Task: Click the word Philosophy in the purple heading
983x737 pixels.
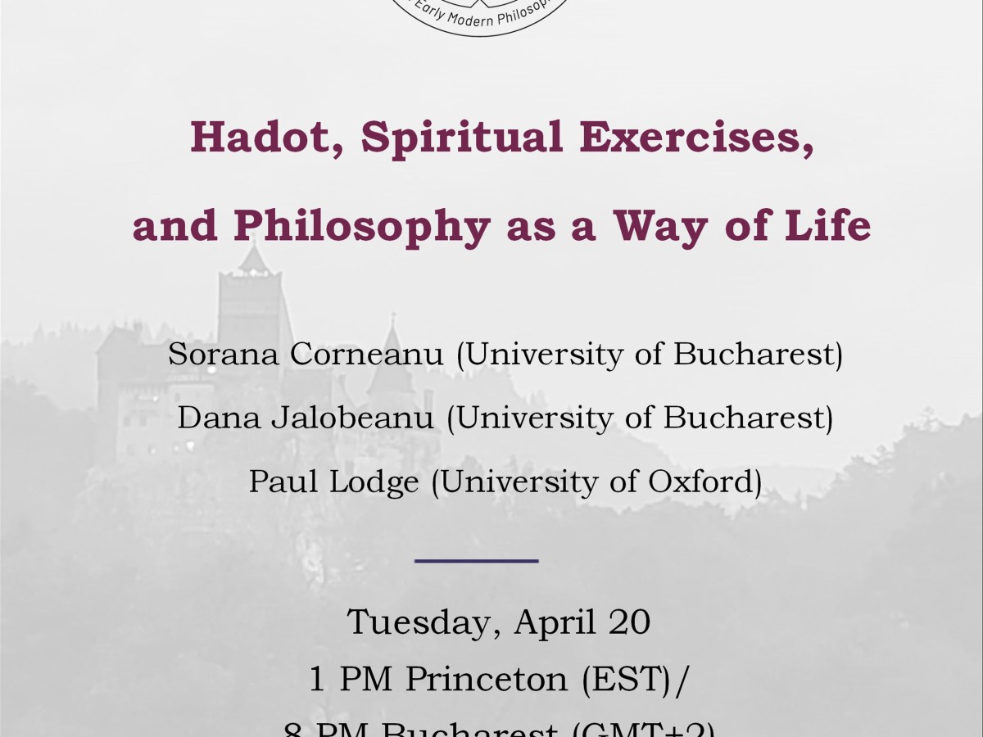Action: [x=361, y=225]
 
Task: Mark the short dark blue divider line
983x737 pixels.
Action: [x=476, y=561]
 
